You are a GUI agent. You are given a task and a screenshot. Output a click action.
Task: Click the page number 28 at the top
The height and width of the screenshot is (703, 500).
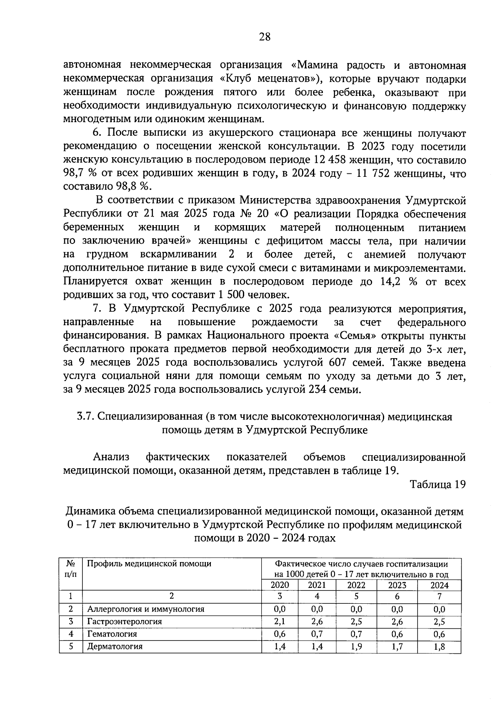click(265, 37)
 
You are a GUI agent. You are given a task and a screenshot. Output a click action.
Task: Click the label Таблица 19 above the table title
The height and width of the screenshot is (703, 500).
click(437, 485)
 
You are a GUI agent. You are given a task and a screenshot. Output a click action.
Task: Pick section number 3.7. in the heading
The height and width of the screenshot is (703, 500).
click(86, 417)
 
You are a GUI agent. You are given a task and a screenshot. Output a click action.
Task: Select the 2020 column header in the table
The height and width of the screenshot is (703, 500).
click(280, 585)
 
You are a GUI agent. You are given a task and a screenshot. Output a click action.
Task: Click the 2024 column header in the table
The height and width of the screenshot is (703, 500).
click(440, 585)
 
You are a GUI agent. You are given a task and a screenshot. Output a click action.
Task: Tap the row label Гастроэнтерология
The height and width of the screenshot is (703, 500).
click(124, 621)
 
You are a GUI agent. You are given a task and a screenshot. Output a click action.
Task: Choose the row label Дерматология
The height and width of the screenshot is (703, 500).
click(115, 647)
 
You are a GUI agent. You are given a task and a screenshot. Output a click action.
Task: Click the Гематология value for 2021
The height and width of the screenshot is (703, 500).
click(317, 634)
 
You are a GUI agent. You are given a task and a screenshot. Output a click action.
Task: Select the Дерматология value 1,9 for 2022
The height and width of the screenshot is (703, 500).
click(356, 647)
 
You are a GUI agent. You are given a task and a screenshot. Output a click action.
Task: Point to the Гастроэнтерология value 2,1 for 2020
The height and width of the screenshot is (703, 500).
click(280, 621)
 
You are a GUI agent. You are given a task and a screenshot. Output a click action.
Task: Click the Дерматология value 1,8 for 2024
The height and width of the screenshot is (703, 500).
click(440, 647)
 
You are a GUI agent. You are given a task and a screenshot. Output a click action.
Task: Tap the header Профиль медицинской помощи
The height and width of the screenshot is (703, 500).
click(149, 564)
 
